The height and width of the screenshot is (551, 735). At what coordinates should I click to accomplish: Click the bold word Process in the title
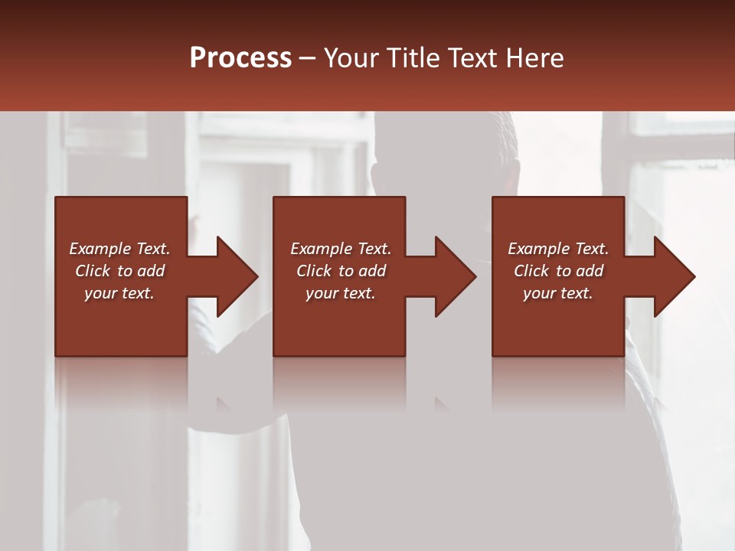click(x=240, y=58)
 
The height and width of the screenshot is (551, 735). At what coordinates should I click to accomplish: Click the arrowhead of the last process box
click(x=673, y=276)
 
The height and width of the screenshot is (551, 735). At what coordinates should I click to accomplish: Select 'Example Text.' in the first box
click(x=119, y=249)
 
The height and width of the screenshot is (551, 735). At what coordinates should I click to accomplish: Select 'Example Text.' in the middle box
click(x=341, y=249)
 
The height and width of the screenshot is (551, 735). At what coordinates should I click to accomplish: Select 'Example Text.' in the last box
click(x=558, y=249)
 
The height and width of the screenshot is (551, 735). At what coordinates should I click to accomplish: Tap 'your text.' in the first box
click(x=119, y=293)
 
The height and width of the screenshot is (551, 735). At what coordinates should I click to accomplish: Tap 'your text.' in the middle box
click(x=341, y=293)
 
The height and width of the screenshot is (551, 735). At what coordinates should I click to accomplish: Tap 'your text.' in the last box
click(x=558, y=293)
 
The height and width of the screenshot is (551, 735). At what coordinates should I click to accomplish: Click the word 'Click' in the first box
click(x=93, y=271)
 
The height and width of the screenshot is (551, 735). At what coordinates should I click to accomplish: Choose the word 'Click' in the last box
click(x=532, y=271)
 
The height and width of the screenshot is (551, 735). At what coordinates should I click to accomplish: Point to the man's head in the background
click(x=429, y=153)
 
